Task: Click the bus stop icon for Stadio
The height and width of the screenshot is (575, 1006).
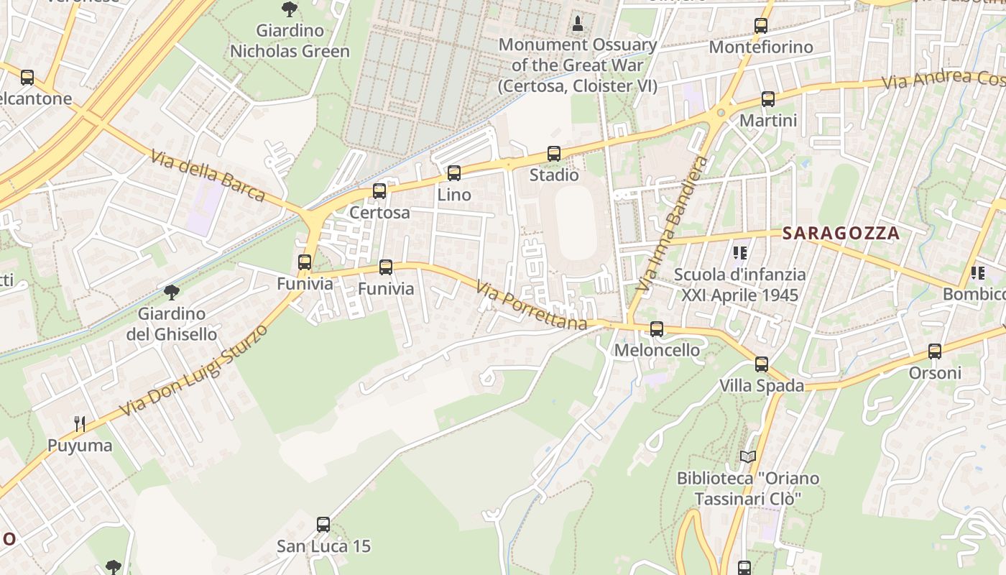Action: pos(553,153)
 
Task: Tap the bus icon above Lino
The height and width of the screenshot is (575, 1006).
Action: pos(453,172)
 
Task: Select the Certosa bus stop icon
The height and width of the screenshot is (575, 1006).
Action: pos(379,191)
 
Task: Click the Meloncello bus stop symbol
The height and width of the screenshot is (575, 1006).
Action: pos(656,328)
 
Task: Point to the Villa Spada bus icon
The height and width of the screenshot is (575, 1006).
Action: pos(762,364)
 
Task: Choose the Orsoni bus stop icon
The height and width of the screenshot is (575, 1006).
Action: pos(934,351)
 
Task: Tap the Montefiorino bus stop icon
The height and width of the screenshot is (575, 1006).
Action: pos(760,26)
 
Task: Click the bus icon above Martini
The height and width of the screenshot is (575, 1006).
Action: pos(767,99)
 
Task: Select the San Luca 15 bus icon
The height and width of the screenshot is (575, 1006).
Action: pos(323,525)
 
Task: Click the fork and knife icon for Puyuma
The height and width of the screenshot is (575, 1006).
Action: pos(80,424)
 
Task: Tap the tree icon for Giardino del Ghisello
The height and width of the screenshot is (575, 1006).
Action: pos(171,292)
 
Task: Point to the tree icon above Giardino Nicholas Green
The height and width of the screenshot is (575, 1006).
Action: pos(290,9)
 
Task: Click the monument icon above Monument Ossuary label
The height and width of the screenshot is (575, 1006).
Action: pos(577,24)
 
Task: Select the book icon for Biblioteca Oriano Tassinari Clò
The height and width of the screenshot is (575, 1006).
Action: pos(747,456)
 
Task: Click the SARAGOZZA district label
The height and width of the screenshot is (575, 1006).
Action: pos(841,233)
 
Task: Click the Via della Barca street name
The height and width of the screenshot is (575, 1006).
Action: pos(208,175)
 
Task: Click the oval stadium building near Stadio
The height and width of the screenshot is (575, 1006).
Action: pos(576,222)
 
